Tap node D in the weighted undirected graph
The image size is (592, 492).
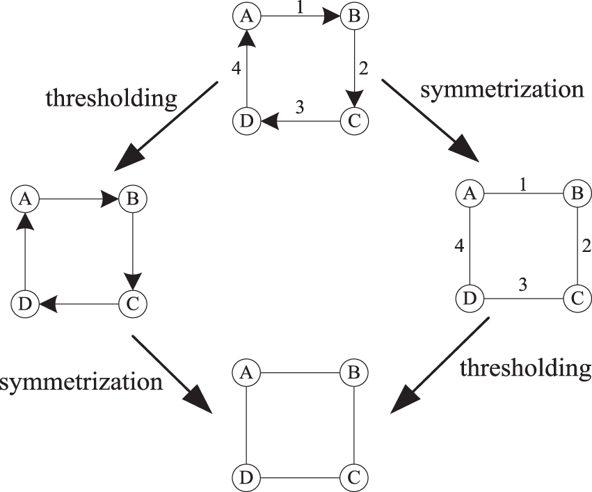pos(468,300)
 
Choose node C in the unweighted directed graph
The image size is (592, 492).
pos(131,303)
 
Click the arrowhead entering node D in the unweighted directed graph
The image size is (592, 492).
pos(46,303)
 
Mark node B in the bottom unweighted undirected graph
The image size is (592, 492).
pos(353,373)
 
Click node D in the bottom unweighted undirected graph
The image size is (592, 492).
pos(245,479)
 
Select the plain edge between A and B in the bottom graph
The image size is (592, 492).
pos(299,373)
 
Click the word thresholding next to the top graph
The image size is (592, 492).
pos(111,98)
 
